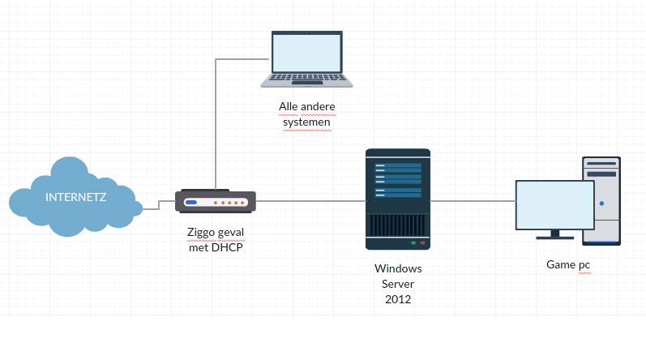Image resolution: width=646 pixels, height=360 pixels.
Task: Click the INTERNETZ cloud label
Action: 76,197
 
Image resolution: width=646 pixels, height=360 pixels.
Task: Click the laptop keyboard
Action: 306,79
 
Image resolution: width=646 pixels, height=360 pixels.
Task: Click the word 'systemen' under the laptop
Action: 306,122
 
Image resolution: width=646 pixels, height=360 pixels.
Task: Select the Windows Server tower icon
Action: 397,199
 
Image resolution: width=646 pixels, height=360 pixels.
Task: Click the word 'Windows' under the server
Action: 398,268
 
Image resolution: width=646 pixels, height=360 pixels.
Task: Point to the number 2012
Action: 398,299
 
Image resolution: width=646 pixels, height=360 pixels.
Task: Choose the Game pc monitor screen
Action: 555,204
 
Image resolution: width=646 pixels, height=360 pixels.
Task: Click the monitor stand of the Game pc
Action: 555,235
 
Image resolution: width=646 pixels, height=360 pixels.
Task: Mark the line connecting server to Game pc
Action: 473,201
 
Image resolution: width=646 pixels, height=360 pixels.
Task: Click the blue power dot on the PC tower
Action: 601,204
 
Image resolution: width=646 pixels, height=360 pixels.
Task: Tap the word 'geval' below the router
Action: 231,233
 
